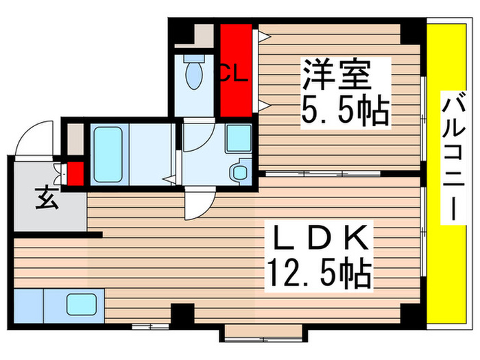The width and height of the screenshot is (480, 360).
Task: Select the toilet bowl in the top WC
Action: point(195,74)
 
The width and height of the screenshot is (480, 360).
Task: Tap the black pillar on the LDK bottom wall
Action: point(181,315)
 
